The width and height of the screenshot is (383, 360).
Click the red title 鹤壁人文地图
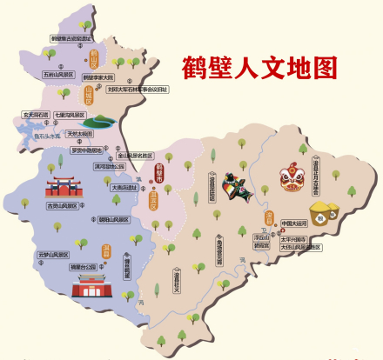point(259,66)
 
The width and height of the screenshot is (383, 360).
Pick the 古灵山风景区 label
point(62,206)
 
